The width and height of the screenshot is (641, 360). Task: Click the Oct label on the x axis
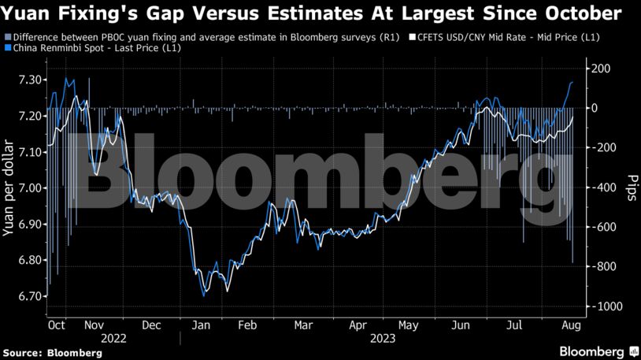(57, 325)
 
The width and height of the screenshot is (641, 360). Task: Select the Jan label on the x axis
(202, 325)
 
